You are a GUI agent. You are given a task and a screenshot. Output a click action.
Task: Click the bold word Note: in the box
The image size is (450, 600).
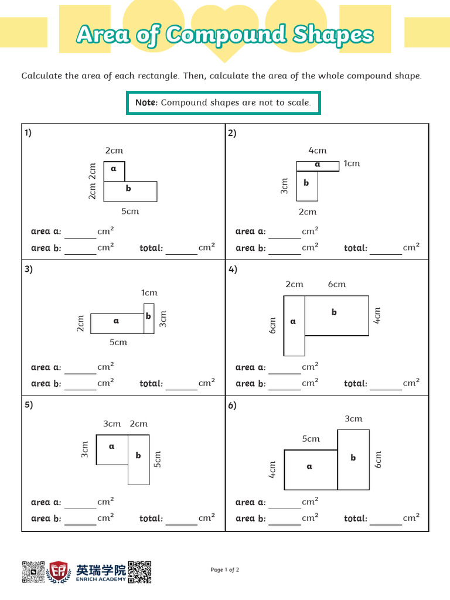(x=146, y=103)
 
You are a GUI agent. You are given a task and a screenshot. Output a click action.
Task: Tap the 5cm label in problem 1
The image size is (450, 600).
(x=130, y=212)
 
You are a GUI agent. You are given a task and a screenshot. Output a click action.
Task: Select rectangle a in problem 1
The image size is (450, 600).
(x=114, y=171)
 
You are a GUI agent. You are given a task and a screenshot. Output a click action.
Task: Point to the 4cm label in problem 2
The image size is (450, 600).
(x=318, y=151)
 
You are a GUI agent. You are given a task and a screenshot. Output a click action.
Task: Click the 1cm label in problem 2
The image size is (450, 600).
(x=352, y=163)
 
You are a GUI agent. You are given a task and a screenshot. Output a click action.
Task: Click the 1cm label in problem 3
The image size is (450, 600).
(x=149, y=292)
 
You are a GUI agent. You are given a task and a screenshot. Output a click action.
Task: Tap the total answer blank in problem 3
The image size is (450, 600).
(x=182, y=385)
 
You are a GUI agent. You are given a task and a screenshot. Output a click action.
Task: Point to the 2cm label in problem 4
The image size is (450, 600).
(x=294, y=284)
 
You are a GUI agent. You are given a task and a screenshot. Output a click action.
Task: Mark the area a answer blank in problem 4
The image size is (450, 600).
(x=285, y=369)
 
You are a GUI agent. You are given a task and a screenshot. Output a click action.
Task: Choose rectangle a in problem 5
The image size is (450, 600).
(x=112, y=449)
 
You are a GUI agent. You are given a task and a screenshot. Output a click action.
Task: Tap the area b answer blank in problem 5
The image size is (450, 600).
(x=80, y=520)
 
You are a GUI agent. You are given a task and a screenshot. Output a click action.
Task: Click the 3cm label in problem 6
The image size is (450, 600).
(x=353, y=418)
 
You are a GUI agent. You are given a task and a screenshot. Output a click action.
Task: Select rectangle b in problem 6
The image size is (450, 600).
(x=353, y=459)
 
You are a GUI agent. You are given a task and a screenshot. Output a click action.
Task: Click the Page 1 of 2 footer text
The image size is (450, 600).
(x=225, y=570)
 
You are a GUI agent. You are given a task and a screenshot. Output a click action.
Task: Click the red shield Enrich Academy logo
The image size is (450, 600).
(x=59, y=572)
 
